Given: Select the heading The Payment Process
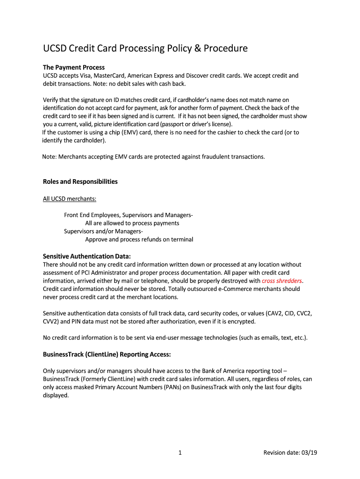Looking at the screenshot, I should pyautogui.click(x=74, y=67).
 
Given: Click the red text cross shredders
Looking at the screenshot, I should pyautogui.click(x=282, y=281).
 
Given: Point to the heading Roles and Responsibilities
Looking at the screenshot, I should pyautogui.click(x=80, y=181).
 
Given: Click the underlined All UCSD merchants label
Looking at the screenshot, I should pyautogui.click(x=70, y=199).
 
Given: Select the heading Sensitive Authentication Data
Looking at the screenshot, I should pyautogui.click(x=87, y=256).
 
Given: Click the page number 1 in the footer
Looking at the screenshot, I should pyautogui.click(x=180, y=452).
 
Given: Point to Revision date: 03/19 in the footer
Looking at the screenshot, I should pyautogui.click(x=290, y=452).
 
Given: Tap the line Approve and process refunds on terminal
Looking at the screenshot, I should pyautogui.click(x=139, y=239).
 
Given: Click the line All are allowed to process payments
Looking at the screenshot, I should pyautogui.click(x=132, y=223).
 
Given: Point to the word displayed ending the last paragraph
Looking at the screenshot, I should pyautogui.click(x=56, y=395).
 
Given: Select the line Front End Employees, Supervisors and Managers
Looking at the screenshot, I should pyautogui.click(x=128, y=215).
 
